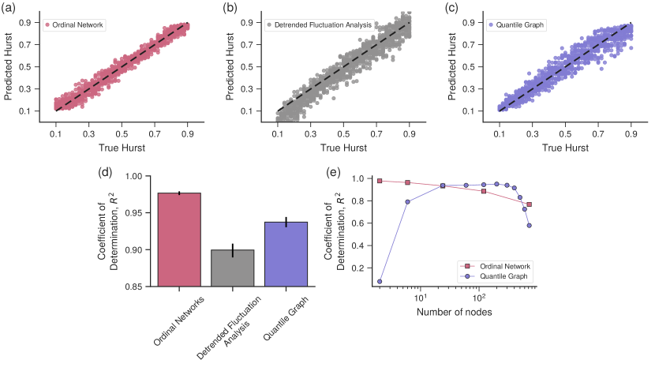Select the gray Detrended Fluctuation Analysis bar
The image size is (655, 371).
232,268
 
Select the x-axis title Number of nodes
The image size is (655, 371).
455,313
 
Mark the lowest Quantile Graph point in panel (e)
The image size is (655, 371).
380,281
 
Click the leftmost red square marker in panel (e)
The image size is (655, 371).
380,181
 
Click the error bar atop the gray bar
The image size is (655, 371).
233,250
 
